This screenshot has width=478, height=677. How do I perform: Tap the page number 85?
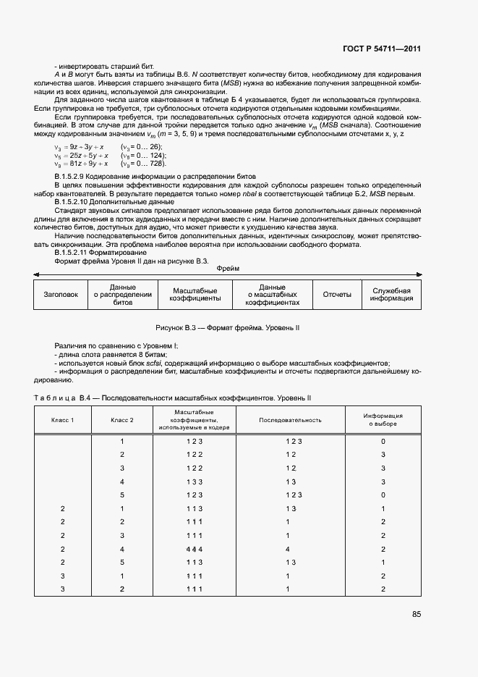pos(417,614)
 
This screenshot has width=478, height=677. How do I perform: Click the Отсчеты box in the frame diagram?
pos(337,295)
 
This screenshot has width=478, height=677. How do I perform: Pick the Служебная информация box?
pos(391,295)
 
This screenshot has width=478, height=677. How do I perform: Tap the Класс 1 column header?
pos(61,420)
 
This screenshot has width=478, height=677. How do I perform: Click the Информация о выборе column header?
pos(383,420)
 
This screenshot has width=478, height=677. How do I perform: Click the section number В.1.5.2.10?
pos(73,201)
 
